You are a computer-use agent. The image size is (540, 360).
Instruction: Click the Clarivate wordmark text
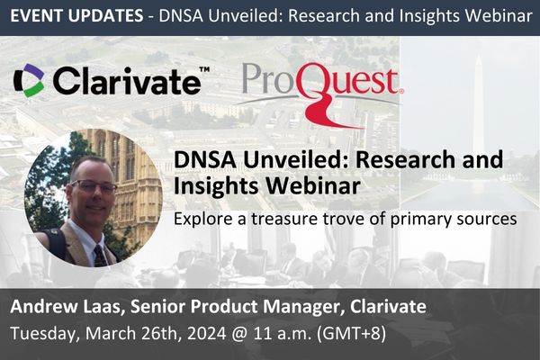pyautogui.click(x=125, y=81)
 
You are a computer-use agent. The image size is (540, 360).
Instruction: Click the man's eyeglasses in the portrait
pyautogui.click(x=94, y=186)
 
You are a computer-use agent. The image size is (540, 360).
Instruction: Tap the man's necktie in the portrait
pyautogui.click(x=99, y=256)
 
